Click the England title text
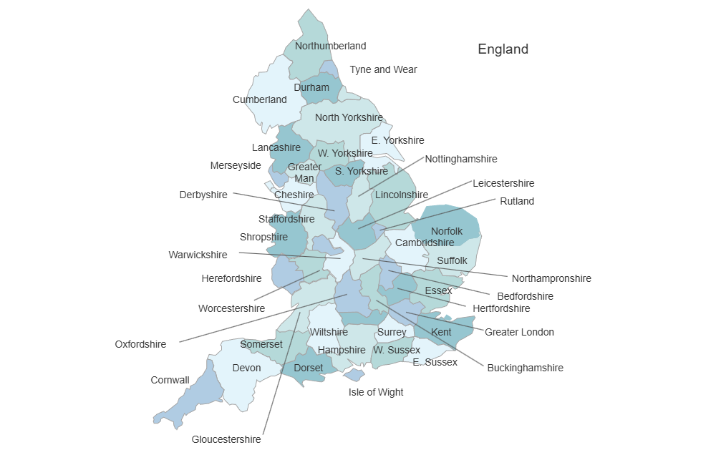coord(503,49)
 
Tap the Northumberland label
coord(330,46)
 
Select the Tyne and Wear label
coord(383,69)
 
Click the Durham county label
coord(311,87)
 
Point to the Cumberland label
coord(259,99)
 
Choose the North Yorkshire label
coord(349,117)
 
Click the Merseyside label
coord(236,165)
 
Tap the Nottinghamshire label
coord(460,159)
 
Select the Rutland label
coord(517,201)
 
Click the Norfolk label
coord(447,231)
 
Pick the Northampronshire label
coord(551,278)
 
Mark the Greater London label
coord(519,332)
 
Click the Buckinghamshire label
coord(525,368)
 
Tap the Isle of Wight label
coord(376,392)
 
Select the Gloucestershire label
coord(226,439)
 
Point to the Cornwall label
coord(170,380)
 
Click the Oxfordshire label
coord(140,344)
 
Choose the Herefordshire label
coord(232,278)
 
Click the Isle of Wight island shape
coord(354,374)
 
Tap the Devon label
coord(246,368)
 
